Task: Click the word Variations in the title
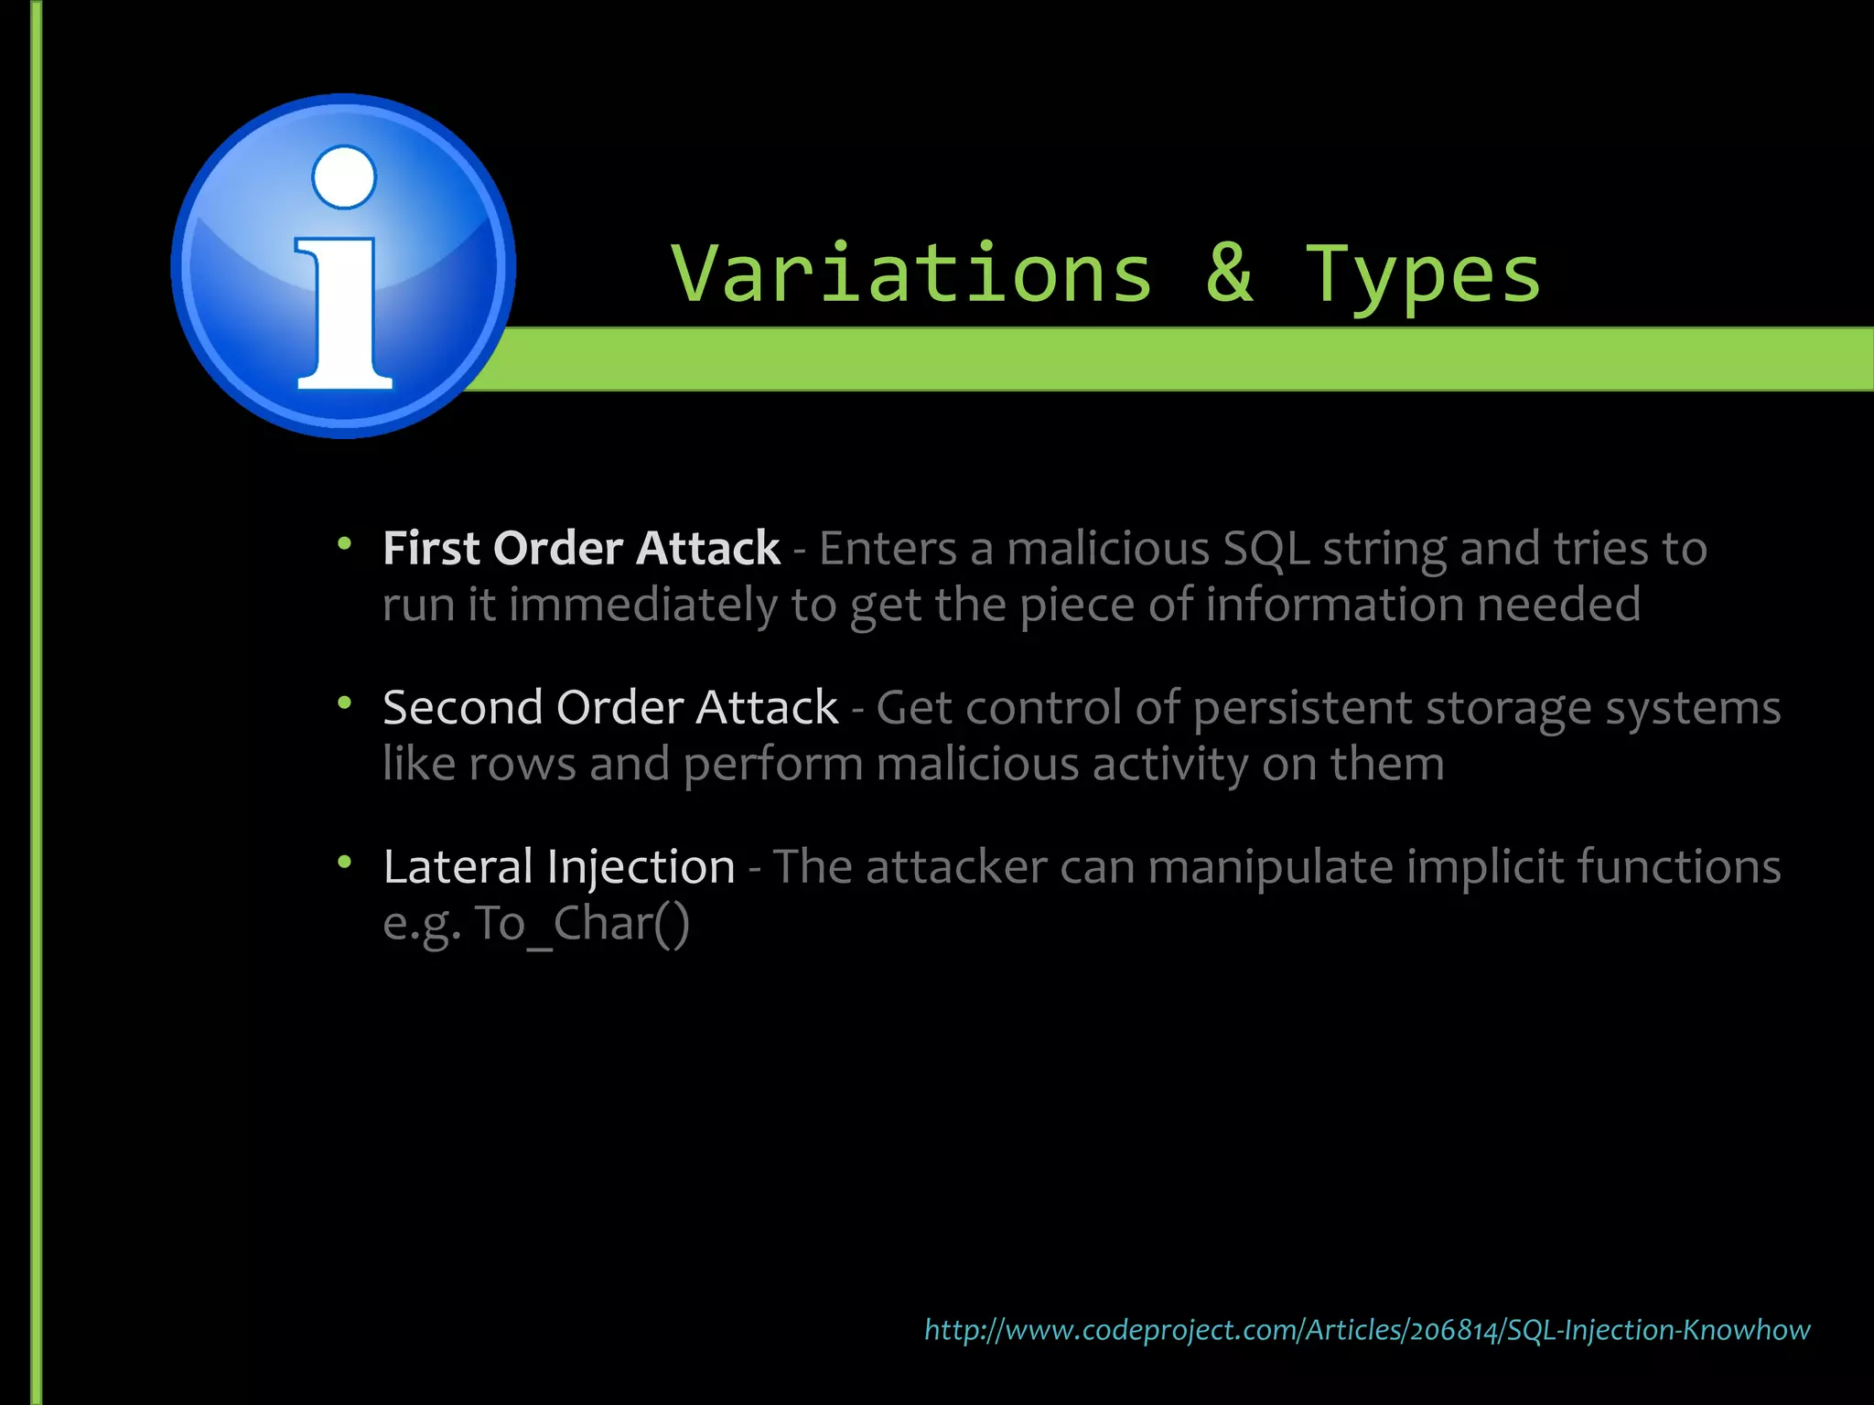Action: pos(911,273)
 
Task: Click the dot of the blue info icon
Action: pos(344,177)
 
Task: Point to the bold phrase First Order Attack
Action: pos(581,549)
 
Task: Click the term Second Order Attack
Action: pos(610,708)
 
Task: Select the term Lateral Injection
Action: pos(559,867)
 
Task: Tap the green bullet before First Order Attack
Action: pos(345,545)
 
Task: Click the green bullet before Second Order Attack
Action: pos(345,703)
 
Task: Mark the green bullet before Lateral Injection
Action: pos(345,863)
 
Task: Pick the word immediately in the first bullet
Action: pos(642,606)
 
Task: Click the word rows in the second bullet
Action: pos(522,765)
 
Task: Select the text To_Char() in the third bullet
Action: pos(581,924)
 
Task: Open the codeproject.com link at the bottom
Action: pos(1367,1330)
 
